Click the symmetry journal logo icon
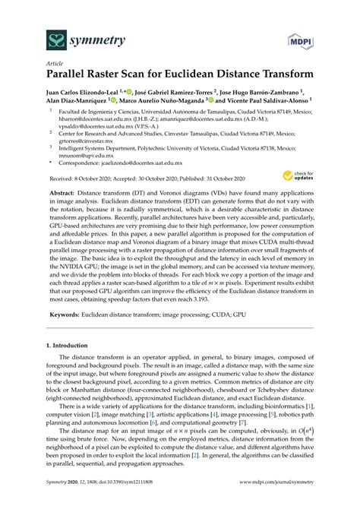(34, 38)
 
